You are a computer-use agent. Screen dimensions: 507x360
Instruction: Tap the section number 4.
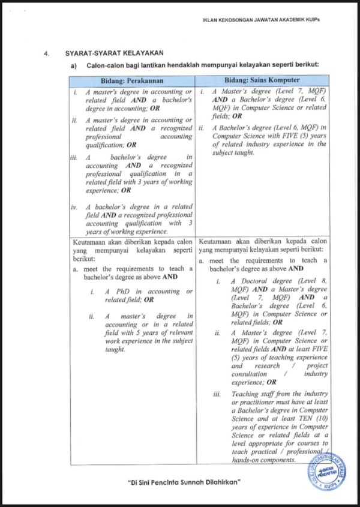pos(46,54)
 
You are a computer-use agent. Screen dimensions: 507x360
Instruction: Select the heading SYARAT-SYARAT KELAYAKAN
pos(114,54)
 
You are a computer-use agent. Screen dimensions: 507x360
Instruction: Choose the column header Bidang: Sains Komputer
pos(262,80)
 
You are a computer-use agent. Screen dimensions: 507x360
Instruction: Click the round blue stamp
pos(328,471)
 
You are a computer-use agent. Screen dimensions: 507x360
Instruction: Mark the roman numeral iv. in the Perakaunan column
pos(74,208)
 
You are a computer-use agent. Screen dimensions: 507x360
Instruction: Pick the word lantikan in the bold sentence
pos(145,65)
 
